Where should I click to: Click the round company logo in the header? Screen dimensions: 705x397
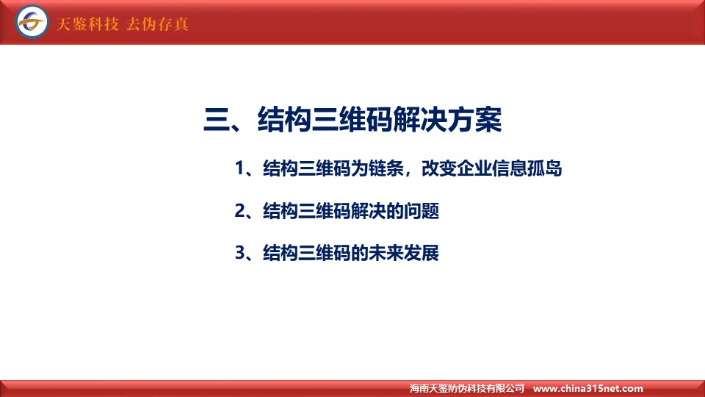[x=32, y=21]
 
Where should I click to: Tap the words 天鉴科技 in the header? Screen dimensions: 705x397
[x=87, y=24]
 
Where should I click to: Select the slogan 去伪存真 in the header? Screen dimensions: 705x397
[x=157, y=24]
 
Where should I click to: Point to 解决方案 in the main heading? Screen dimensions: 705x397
[x=447, y=120]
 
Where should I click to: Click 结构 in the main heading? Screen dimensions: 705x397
[x=284, y=120]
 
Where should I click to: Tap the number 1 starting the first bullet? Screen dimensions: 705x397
[x=239, y=168]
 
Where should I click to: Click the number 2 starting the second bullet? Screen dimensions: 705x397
[x=240, y=211]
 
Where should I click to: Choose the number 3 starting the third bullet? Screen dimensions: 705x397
[x=240, y=253]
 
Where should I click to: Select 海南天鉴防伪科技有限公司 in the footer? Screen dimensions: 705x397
[x=467, y=388]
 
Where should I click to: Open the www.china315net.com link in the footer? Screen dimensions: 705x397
[x=587, y=388]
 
